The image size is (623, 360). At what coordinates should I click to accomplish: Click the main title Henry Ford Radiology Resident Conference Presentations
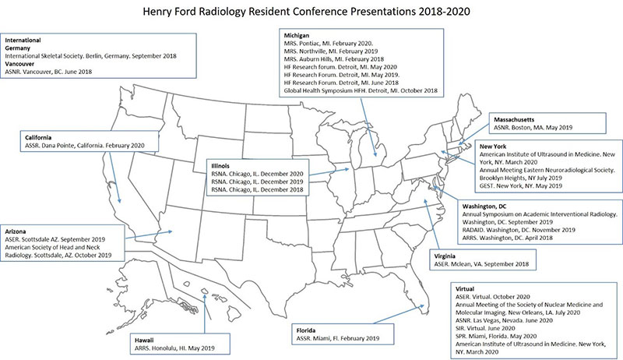pos(311,13)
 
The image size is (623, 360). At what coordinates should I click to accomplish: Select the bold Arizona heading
pos(19,231)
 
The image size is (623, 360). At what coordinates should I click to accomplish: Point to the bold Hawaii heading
pos(143,340)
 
